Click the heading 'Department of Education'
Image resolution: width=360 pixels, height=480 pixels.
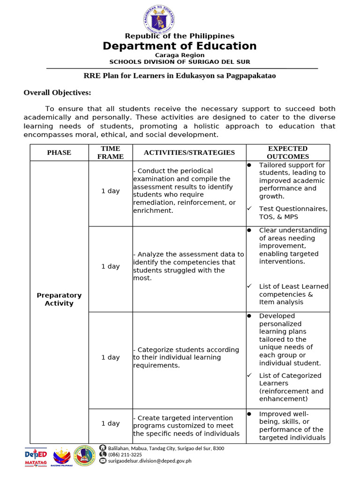click(180, 46)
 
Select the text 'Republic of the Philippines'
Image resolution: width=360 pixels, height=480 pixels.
click(180, 36)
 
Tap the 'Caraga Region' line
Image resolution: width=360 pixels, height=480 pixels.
click(180, 55)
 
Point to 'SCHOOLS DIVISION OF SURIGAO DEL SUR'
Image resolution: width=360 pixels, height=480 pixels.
click(180, 62)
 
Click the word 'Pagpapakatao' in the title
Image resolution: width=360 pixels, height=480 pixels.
click(253, 76)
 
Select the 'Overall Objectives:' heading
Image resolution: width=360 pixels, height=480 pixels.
click(57, 93)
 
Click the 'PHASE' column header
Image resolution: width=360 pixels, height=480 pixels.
click(59, 153)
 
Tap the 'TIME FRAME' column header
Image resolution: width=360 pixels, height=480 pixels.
click(110, 153)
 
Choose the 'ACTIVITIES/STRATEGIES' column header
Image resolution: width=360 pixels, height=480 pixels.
click(189, 152)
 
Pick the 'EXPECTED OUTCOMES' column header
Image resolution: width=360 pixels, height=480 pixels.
click(288, 153)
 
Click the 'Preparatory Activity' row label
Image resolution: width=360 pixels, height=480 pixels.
click(59, 299)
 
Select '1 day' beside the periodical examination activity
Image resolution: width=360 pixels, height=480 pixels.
click(110, 191)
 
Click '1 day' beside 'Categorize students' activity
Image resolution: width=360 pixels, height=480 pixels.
click(110, 358)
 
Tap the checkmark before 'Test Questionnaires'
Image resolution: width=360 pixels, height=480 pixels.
click(249, 209)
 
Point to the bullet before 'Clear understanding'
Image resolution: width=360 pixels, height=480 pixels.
click(249, 230)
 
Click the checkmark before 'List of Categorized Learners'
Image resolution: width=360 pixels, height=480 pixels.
click(249, 375)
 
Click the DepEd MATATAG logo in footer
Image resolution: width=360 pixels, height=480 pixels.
click(36, 457)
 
